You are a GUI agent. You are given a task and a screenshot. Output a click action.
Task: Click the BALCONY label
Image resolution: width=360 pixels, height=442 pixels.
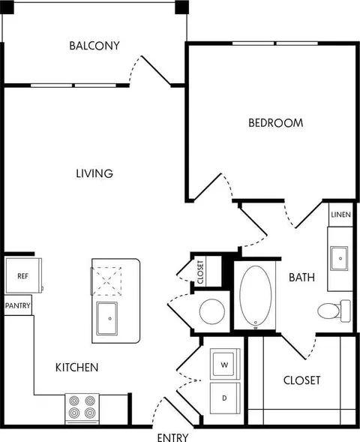tap(94, 46)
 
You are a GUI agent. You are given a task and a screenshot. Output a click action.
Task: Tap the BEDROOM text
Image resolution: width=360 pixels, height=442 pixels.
tap(276, 123)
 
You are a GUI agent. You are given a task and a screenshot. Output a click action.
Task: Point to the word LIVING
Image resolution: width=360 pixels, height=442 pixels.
tap(94, 173)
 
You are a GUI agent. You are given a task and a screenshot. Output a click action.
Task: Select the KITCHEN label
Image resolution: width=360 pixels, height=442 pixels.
tap(77, 368)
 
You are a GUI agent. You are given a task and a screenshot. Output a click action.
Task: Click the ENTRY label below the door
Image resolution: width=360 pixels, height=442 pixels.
tap(172, 437)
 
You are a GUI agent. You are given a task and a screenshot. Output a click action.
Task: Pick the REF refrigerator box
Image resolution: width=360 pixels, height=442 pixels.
tap(23, 275)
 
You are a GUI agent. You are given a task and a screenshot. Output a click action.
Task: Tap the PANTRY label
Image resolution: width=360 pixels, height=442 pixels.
tap(18, 305)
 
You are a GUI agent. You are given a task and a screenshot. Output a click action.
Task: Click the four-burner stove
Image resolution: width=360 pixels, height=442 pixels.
tap(82, 409)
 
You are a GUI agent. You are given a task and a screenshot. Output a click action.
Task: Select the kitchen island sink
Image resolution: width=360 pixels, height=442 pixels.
tap(107, 318)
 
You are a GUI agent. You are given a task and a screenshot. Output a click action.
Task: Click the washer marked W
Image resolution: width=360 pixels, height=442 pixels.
tap(225, 364)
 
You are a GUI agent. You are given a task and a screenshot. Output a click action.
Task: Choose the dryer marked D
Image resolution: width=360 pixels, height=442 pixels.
tap(225, 398)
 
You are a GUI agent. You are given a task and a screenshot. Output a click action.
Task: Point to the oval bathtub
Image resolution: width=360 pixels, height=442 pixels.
tap(256, 296)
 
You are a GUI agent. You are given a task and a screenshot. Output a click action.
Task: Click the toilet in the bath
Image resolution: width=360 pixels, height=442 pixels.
tap(334, 311)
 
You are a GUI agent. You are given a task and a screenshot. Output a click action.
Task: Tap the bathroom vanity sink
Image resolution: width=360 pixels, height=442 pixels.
tap(339, 258)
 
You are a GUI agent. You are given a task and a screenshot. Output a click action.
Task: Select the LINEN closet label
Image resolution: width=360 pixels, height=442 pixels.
tap(340, 215)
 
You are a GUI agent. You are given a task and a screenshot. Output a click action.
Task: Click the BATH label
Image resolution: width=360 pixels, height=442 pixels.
tap(301, 278)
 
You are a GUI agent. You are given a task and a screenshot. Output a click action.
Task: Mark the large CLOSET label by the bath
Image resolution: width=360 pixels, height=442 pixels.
tap(301, 380)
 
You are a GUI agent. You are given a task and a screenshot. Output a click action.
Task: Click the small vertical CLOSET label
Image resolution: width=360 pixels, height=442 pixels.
tap(200, 272)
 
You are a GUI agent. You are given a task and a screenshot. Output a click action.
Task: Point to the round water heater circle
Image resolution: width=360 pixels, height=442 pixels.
tap(212, 311)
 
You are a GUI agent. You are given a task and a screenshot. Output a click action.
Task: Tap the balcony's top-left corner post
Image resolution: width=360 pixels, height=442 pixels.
tap(7, 8)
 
